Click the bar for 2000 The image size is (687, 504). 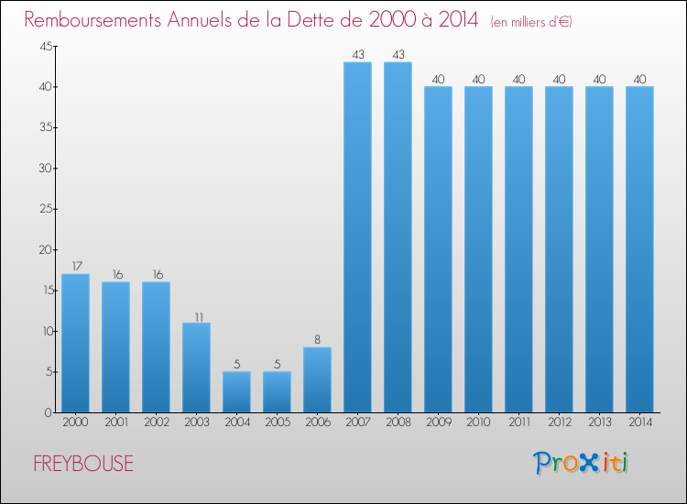75,343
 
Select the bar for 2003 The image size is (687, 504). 196,367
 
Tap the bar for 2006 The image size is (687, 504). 317,379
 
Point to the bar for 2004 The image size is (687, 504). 236,391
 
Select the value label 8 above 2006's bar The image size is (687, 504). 317,339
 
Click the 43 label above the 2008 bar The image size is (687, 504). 398,54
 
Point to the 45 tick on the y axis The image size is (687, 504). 43,47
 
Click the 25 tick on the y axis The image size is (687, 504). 43,209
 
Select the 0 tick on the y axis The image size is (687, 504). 47,412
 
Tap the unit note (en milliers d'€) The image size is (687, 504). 531,21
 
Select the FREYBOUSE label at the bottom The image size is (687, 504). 83,464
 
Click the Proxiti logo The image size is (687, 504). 581,463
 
